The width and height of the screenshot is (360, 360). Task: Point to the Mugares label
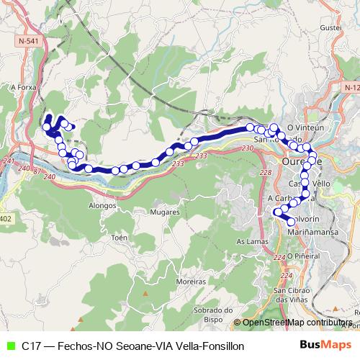(165, 212)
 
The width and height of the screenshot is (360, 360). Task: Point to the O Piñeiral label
(302, 255)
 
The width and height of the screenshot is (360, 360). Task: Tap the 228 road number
(265, 174)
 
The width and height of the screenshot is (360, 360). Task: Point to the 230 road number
(248, 148)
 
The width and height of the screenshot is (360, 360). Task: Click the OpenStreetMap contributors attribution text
(297, 323)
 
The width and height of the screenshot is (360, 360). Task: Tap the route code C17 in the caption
(30, 346)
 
